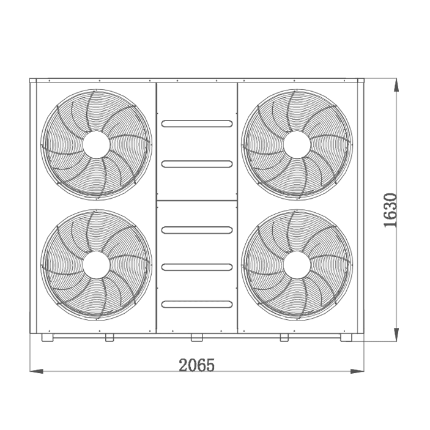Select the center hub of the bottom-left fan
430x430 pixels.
point(96,265)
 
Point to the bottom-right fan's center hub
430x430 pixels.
point(297,265)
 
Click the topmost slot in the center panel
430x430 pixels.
point(197,124)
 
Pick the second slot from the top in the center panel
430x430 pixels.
point(197,164)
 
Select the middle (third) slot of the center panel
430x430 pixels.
point(197,230)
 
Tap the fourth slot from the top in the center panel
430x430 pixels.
point(197,267)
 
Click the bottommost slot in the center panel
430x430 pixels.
point(197,303)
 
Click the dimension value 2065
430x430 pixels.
point(197,365)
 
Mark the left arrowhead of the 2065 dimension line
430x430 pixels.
point(34,371)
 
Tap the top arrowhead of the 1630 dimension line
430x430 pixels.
point(396,84)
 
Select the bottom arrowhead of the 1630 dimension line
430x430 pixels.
point(396,337)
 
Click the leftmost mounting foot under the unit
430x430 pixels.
point(47,337)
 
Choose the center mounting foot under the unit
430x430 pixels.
point(196,337)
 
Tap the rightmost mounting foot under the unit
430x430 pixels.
point(347,337)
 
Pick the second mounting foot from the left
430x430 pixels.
point(109,337)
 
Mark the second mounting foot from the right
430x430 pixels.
point(284,337)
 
